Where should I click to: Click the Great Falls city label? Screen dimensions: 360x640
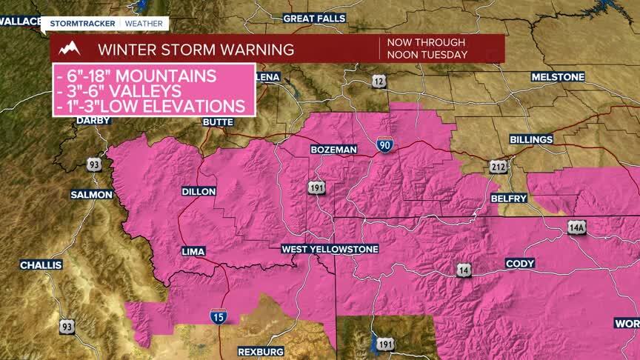tap(314, 18)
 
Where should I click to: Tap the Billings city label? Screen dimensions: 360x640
tap(531, 139)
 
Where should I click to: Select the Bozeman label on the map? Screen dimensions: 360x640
tap(333, 150)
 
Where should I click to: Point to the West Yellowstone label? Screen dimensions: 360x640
tap(330, 249)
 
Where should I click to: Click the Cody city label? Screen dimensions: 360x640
tap(519, 263)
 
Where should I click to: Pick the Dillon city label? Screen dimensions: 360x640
tap(199, 191)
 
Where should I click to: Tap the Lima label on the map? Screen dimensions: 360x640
tap(193, 252)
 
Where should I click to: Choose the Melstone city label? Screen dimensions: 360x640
tap(557, 77)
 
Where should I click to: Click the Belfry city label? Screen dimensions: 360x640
tap(509, 199)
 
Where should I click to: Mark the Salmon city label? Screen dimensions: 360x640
tap(91, 194)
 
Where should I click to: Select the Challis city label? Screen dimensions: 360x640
tap(36, 264)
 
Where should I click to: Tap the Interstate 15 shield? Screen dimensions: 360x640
tap(219, 316)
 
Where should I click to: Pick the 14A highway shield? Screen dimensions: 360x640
tap(577, 228)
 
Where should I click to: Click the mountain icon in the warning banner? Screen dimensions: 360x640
tap(69, 50)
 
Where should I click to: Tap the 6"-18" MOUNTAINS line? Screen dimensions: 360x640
tap(137, 76)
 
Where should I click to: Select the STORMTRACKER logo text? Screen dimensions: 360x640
tap(82, 23)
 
